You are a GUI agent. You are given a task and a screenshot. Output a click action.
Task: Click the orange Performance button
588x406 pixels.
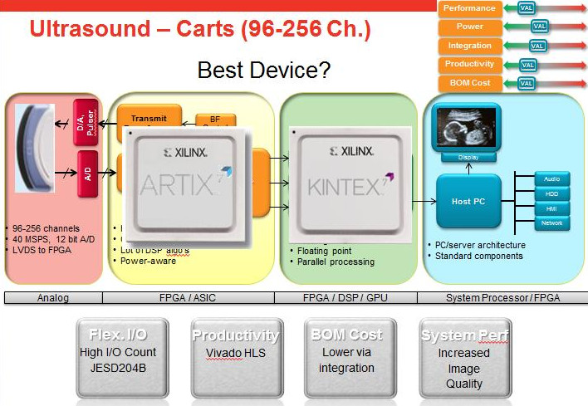[x=469, y=8]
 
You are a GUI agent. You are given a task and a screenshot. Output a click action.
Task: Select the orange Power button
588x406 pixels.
[x=469, y=27]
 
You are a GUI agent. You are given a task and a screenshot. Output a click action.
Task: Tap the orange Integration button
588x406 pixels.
[x=469, y=46]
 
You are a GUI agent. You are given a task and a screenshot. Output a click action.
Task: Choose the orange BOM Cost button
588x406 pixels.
[x=469, y=83]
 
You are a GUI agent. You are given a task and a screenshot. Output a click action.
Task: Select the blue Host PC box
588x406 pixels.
[x=468, y=201]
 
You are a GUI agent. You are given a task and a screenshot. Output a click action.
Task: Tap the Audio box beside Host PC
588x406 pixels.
[x=551, y=179]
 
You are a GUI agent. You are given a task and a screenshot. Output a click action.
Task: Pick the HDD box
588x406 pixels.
[x=551, y=193]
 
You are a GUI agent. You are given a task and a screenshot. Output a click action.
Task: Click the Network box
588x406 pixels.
[x=551, y=223]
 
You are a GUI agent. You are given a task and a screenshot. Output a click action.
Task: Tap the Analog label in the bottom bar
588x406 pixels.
[x=54, y=297]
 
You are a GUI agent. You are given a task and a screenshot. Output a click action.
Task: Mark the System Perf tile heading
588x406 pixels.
[x=464, y=335]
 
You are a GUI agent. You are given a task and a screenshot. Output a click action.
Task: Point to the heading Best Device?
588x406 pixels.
[x=264, y=70]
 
